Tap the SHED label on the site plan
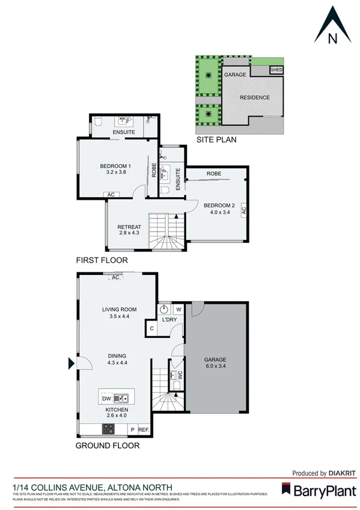point(276,70)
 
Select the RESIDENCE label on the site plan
point(255,97)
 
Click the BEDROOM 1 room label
point(115,166)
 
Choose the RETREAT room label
point(130,227)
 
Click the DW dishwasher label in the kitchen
point(106,398)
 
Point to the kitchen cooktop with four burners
point(109,429)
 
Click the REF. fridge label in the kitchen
point(144,430)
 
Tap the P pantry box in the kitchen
point(132,430)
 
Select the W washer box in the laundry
point(178,310)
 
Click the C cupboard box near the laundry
point(151,328)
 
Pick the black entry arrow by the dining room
point(71,363)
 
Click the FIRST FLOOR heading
point(102,260)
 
